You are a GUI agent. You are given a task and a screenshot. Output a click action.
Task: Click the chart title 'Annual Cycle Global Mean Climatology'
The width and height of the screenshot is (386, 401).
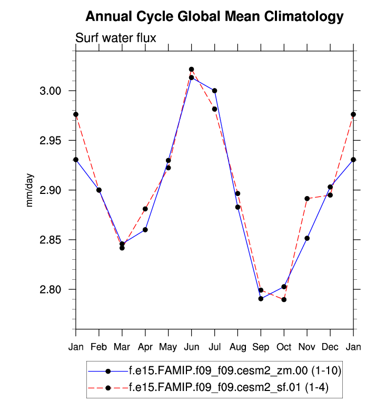pyautogui.click(x=214, y=17)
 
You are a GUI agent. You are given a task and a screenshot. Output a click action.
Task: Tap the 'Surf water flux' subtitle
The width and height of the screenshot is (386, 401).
pyautogui.click(x=116, y=37)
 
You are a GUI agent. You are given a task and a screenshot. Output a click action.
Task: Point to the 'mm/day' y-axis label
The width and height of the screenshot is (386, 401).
pyautogui.click(x=30, y=190)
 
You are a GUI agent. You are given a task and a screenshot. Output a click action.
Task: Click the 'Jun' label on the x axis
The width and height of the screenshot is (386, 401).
pyautogui.click(x=191, y=347)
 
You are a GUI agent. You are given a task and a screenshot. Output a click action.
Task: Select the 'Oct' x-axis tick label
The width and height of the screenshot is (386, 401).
pyautogui.click(x=284, y=347)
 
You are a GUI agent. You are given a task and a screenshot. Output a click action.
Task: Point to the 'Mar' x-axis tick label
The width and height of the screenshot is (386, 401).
pyautogui.click(x=122, y=347)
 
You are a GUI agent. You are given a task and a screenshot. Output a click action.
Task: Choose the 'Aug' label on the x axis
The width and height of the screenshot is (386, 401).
pyautogui.click(x=237, y=347)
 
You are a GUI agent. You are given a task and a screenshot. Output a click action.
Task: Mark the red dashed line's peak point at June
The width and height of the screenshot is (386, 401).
pyautogui.click(x=191, y=69)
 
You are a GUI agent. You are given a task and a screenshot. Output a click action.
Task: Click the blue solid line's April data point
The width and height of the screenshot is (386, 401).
pyautogui.click(x=145, y=230)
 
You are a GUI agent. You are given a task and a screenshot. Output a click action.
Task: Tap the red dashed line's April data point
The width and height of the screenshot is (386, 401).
pyautogui.click(x=145, y=209)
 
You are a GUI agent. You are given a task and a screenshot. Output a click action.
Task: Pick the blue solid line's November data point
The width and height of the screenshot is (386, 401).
pyautogui.click(x=307, y=238)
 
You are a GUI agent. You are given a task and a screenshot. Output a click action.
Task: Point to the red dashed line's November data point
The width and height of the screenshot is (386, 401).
pyautogui.click(x=307, y=199)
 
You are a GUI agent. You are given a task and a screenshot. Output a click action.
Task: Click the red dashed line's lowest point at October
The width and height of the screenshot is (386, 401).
pyautogui.click(x=284, y=299)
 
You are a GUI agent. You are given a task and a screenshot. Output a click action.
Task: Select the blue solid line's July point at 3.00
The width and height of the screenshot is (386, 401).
pyautogui.click(x=214, y=91)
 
